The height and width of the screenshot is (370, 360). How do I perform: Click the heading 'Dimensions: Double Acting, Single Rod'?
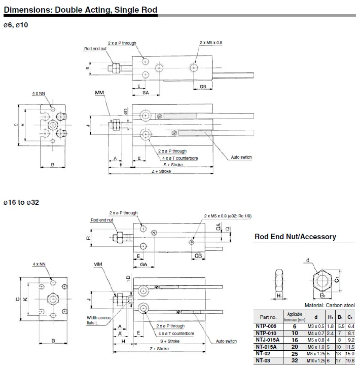click(81, 10)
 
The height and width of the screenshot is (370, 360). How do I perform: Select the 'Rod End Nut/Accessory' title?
click(295, 236)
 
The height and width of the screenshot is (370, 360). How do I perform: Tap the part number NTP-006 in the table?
click(266, 326)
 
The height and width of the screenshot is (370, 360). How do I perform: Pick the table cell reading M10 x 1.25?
click(316, 360)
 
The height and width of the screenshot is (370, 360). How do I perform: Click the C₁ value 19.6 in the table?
click(350, 360)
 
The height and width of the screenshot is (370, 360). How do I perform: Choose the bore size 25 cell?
click(295, 354)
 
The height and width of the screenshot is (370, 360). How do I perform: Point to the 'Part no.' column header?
click(268, 317)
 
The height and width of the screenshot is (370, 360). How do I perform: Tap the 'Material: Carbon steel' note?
click(330, 305)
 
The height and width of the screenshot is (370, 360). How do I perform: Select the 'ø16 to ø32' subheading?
click(21, 202)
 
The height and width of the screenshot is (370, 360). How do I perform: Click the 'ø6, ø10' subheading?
click(16, 25)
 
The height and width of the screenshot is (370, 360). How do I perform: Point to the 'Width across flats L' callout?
click(98, 320)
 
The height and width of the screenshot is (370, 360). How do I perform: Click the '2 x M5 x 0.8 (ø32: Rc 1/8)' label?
click(228, 216)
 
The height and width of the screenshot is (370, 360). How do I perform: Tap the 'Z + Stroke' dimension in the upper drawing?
click(161, 171)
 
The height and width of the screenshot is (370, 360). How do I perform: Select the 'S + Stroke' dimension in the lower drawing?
click(170, 341)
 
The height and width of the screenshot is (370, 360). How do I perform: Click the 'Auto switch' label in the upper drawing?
click(241, 157)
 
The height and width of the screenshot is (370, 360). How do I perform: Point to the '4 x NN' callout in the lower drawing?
click(39, 264)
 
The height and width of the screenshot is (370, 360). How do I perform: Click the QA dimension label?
click(219, 227)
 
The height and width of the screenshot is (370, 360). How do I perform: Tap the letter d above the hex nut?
click(308, 260)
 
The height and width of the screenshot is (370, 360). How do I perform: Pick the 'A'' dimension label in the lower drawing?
click(120, 334)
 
